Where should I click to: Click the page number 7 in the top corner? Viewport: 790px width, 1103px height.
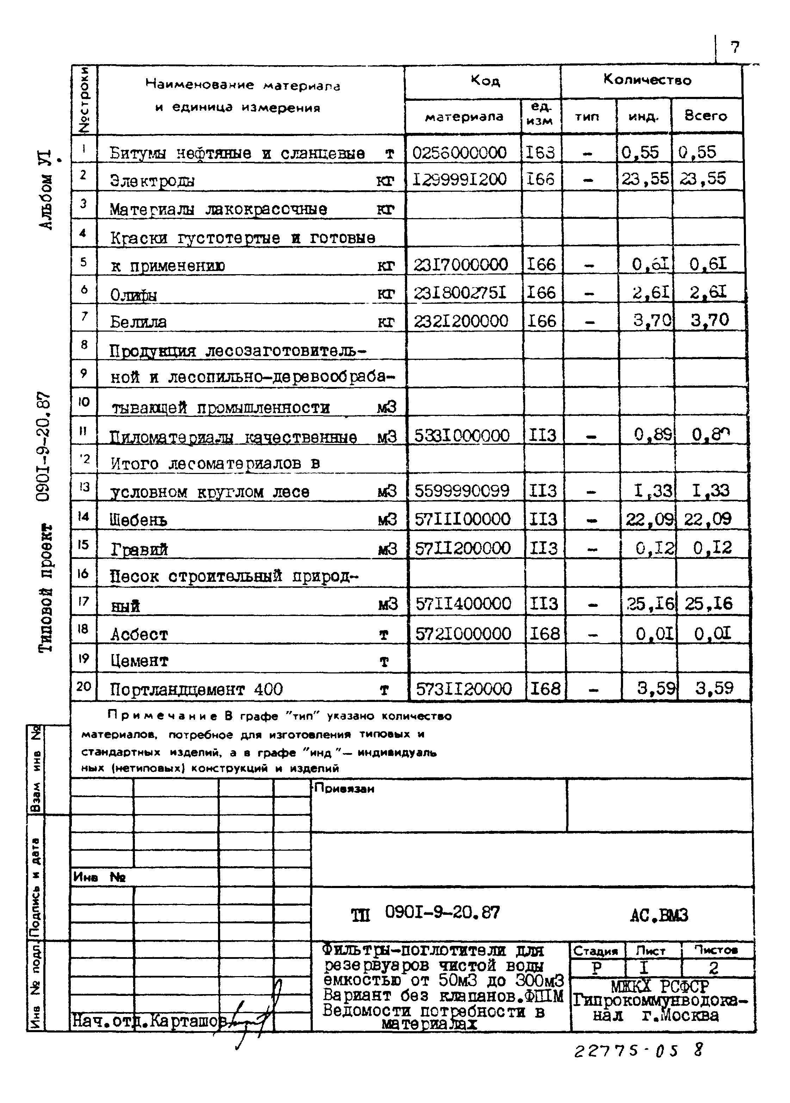tap(734, 47)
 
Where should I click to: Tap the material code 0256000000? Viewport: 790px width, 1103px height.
tap(459, 153)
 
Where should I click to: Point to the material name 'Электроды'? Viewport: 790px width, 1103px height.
tap(152, 181)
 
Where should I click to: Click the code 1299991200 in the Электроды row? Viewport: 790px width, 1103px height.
tap(459, 179)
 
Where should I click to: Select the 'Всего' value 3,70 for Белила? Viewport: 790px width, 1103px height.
tap(709, 320)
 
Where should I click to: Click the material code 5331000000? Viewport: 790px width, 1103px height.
tap(461, 435)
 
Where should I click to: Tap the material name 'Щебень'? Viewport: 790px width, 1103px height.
tap(138, 520)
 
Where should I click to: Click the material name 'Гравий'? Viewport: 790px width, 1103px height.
tap(139, 549)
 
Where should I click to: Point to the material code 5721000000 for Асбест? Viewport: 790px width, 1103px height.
tap(463, 633)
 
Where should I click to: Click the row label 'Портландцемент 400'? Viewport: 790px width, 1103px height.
tap(196, 689)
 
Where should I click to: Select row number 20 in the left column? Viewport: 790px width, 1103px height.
tap(83, 686)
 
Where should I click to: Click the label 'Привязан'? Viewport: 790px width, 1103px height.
tap(344, 788)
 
